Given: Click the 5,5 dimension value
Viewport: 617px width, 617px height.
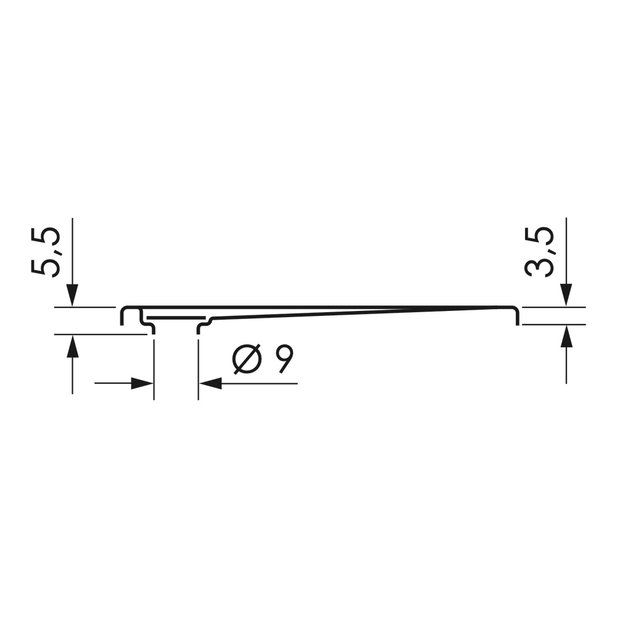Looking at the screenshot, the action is (46, 252).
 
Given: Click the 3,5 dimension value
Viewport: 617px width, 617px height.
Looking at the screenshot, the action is (539, 252).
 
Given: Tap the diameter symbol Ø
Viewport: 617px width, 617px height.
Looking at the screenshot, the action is (247, 360).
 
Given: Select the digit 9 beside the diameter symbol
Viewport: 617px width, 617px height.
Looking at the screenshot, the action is (284, 360).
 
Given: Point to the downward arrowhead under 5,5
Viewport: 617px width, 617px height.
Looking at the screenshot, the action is (72, 295).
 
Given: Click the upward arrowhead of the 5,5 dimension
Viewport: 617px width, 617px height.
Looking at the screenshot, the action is (72, 346).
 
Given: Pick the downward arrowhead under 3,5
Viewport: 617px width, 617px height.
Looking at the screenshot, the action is (566, 295).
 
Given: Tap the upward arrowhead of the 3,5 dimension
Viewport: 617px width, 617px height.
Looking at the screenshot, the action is (566, 336).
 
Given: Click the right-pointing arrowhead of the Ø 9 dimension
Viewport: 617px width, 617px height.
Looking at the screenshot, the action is (142, 383).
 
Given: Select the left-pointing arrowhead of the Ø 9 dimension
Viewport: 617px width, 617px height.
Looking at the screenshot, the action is (210, 383).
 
